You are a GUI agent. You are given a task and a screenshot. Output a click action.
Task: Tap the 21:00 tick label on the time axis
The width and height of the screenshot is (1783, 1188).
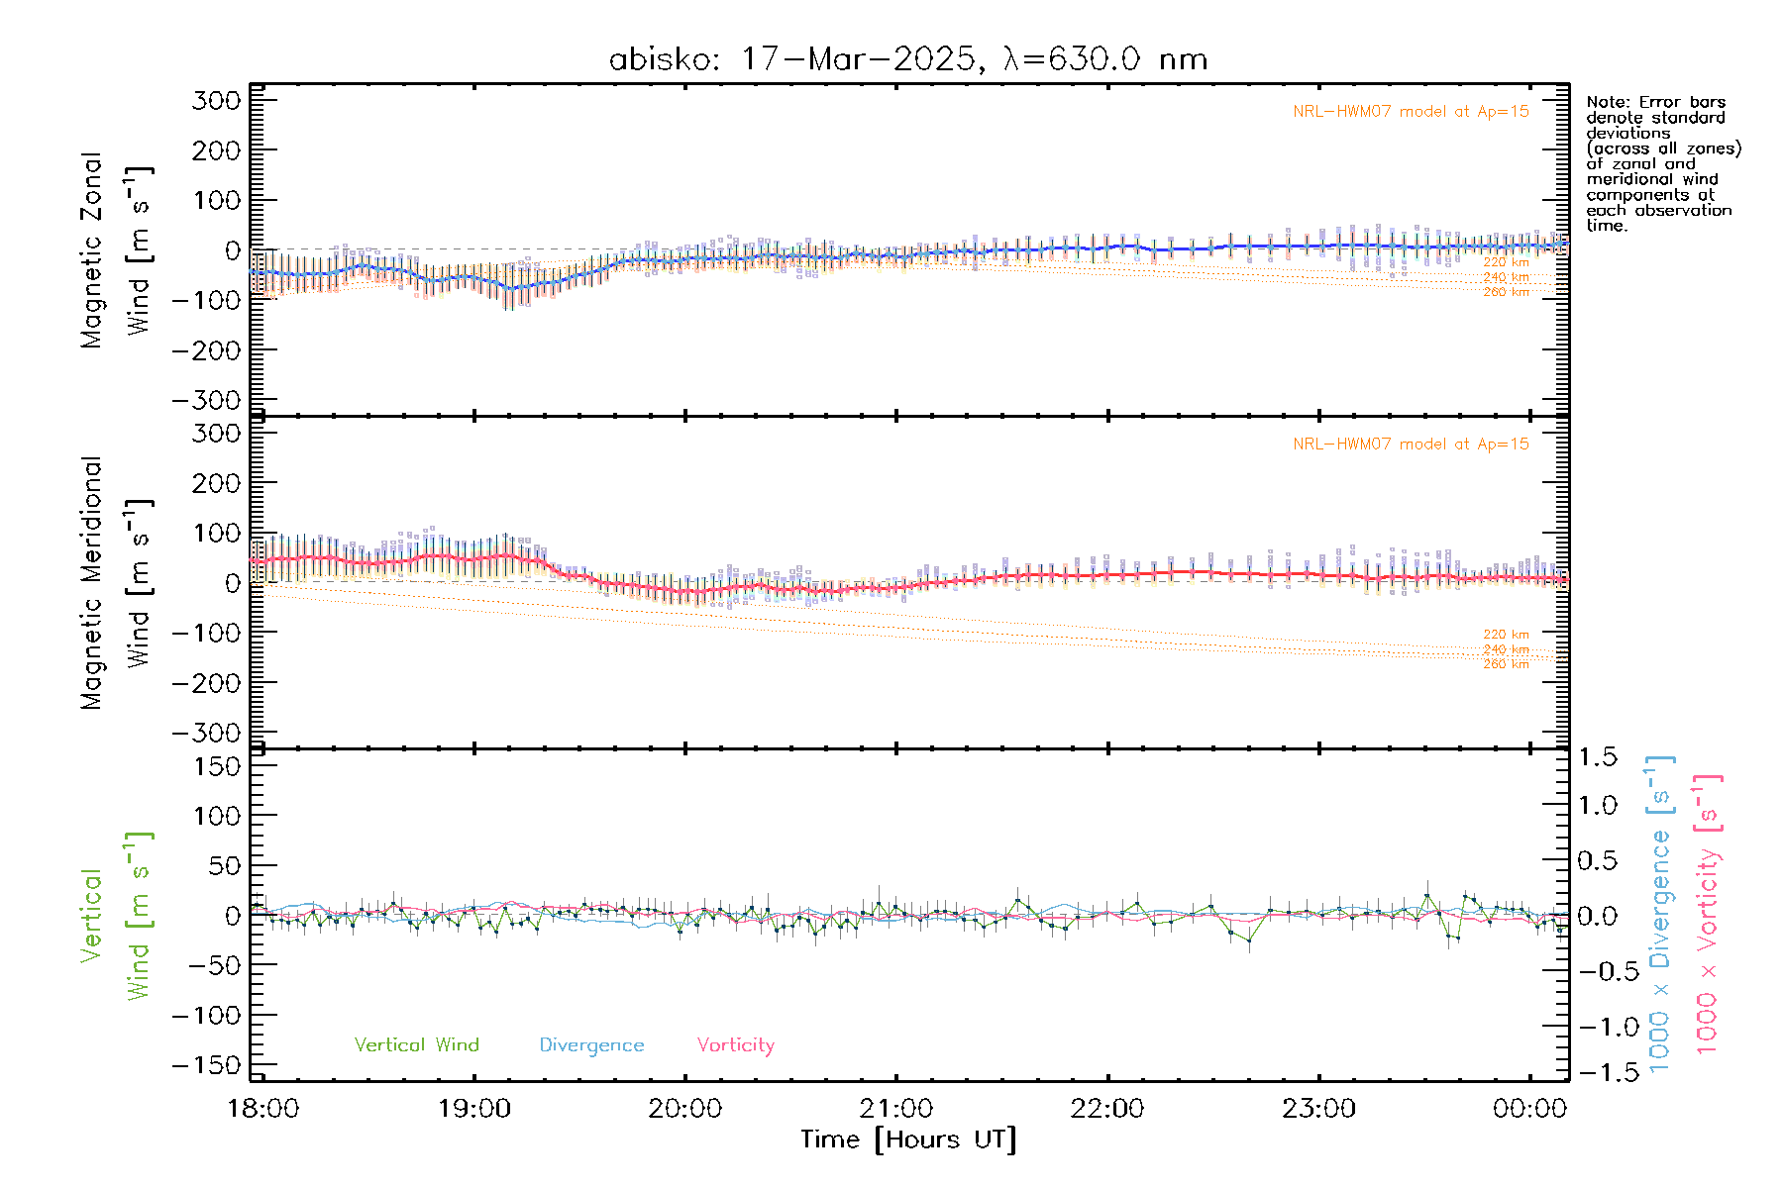[x=896, y=1108]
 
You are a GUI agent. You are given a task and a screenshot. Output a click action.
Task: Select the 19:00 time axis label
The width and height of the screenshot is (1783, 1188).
[x=474, y=1108]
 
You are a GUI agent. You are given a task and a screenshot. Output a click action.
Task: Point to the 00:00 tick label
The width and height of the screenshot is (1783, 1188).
[x=1529, y=1108]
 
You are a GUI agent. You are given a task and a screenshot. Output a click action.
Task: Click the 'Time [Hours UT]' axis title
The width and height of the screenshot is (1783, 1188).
[x=908, y=1139]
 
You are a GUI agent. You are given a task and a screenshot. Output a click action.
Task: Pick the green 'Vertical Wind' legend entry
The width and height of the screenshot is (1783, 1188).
[x=416, y=1044]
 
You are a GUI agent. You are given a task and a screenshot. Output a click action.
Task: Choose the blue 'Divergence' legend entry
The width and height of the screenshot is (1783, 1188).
[x=591, y=1044]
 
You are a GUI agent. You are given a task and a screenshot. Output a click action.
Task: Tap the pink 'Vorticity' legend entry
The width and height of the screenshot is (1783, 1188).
[x=735, y=1044]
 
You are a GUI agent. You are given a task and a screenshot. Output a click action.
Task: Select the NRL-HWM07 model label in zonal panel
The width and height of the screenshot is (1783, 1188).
[x=1411, y=111]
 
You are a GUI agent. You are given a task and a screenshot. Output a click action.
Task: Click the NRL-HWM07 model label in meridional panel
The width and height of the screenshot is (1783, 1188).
[x=1411, y=444]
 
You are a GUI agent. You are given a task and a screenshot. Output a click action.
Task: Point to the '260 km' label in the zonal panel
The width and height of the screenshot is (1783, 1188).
[x=1506, y=292]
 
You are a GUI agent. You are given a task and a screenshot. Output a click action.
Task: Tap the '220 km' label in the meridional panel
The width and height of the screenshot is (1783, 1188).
[x=1506, y=634]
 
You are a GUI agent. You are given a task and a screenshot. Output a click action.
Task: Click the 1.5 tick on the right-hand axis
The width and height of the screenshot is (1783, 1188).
[x=1598, y=757]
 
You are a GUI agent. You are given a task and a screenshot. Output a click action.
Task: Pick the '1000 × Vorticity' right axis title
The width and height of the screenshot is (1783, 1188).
[x=1708, y=914]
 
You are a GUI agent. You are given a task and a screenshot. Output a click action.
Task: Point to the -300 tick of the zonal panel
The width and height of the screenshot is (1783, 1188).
[x=206, y=400]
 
